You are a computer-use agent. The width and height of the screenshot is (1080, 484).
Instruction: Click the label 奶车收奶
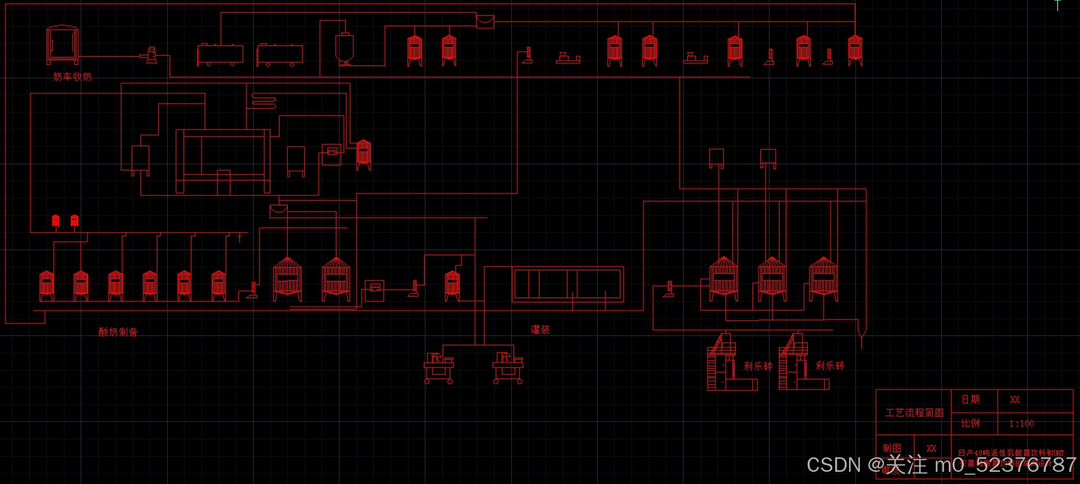coord(73,77)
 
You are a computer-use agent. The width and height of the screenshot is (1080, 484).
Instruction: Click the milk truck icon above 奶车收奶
coord(62,44)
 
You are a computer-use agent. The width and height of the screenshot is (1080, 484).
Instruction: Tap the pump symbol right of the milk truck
coord(151,56)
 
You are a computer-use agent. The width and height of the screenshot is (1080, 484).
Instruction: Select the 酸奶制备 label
coord(118,332)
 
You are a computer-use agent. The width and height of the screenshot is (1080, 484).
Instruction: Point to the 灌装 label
coord(540,330)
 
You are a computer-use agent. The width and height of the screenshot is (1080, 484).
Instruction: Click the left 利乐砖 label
coord(758,366)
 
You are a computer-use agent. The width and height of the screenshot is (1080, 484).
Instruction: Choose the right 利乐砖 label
coord(830,366)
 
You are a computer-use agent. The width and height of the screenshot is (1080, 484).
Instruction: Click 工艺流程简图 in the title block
coord(914,413)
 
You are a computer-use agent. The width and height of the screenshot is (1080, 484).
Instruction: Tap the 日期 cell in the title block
coord(970,399)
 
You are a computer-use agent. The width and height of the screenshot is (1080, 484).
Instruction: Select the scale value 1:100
coord(1021,424)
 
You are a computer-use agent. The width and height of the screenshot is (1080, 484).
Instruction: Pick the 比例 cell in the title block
coord(970,423)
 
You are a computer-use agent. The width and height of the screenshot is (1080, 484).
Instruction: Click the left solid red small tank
coord(56,221)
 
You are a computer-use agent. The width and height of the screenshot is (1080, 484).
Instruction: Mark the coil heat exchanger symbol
coord(263,101)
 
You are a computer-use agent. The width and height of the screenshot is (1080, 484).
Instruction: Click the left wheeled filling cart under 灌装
coord(439,367)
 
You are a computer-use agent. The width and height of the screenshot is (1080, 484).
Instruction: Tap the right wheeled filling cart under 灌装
coord(508,367)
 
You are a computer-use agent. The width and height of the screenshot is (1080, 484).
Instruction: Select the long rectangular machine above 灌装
coord(568,284)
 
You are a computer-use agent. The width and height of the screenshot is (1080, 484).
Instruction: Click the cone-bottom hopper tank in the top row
coord(344,49)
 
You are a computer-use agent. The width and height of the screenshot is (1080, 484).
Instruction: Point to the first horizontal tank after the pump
coord(220,55)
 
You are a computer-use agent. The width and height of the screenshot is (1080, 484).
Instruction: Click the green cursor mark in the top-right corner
coord(1057,4)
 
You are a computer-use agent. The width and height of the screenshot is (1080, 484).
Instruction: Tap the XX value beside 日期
coord(1014,399)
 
